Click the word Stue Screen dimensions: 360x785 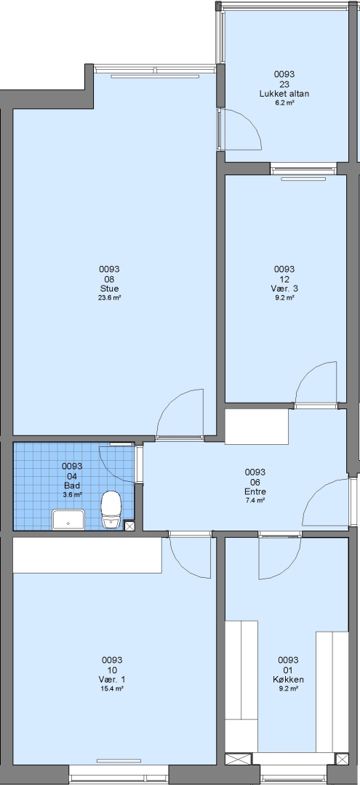110,289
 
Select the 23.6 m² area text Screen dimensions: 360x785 110,297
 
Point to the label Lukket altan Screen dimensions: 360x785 284,94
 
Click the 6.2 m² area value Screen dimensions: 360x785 284,102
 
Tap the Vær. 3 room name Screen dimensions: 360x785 284,289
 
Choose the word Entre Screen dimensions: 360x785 255,491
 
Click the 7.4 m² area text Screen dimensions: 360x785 255,499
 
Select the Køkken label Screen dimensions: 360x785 288,680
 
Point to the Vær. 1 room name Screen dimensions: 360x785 112,680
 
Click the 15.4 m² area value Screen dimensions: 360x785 112,688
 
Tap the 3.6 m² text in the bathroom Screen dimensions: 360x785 72,494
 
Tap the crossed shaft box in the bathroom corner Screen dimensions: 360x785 129,526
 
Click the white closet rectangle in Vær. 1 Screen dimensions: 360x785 87,555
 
